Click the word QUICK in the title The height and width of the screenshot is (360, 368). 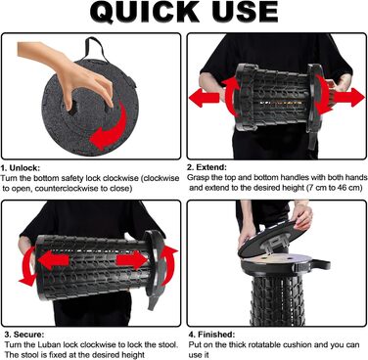tap(144, 13)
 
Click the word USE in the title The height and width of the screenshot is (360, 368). tap(246, 13)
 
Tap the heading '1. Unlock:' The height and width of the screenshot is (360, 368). tap(21, 168)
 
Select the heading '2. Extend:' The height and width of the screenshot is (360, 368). tap(207, 167)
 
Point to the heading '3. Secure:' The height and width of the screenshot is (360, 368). tap(24, 335)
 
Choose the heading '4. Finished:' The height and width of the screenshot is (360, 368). tap(211, 335)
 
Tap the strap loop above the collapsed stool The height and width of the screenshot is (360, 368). tap(96, 48)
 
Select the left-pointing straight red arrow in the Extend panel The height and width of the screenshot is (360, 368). tap(205, 98)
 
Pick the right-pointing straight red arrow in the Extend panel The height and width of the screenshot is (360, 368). tap(349, 98)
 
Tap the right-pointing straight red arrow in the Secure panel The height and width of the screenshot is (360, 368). tap(132, 260)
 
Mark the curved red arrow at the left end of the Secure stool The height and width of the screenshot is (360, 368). tap(27, 266)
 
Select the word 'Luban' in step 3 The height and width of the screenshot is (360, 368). tap(51, 344)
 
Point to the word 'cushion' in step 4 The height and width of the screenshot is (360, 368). tap(297, 344)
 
